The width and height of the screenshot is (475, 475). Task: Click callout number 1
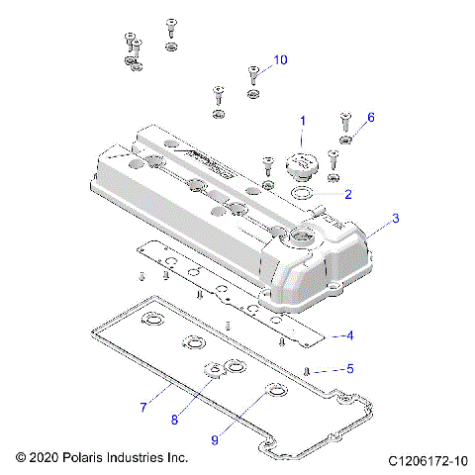point(302,121)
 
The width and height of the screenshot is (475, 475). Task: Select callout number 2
point(347,194)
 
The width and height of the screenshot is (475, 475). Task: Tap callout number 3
point(396,219)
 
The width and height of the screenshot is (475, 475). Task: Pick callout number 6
point(371,117)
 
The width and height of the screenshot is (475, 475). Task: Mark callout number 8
point(175,419)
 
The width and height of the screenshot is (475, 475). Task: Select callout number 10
point(280,60)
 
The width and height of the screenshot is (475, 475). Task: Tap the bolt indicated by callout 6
point(345,120)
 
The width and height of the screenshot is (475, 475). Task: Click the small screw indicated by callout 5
point(308,369)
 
